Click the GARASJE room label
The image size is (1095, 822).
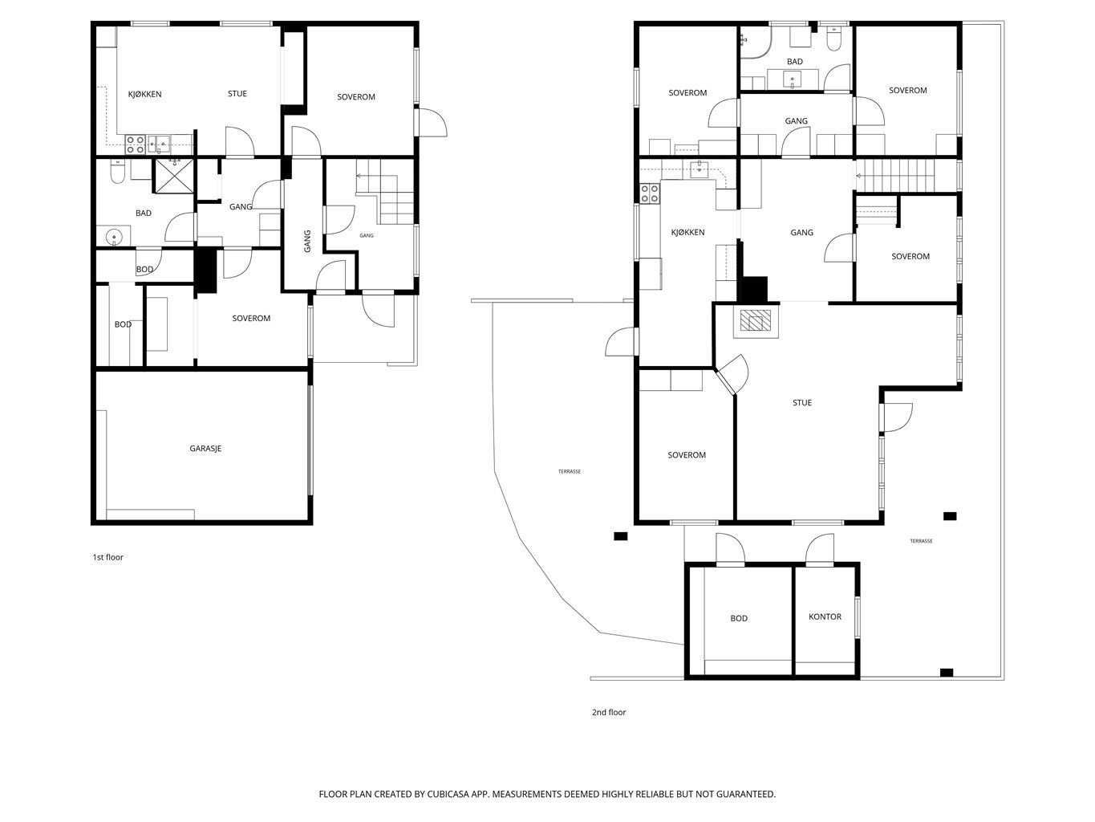pyautogui.click(x=205, y=448)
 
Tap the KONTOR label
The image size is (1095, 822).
pyautogui.click(x=825, y=616)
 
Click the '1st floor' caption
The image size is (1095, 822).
pyautogui.click(x=107, y=557)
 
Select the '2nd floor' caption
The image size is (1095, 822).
pyautogui.click(x=609, y=712)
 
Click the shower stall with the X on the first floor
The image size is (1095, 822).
pyautogui.click(x=173, y=176)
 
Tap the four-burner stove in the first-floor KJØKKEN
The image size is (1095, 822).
pyautogui.click(x=135, y=144)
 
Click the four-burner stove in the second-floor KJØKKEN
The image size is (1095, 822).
pyautogui.click(x=650, y=193)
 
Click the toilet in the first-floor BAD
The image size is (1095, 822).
pyautogui.click(x=117, y=171)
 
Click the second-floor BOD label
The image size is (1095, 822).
pyautogui.click(x=738, y=618)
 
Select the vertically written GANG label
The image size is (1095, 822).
pyautogui.click(x=307, y=241)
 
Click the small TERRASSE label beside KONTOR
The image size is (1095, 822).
pyautogui.click(x=921, y=540)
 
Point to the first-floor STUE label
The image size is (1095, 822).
pyautogui.click(x=237, y=93)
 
